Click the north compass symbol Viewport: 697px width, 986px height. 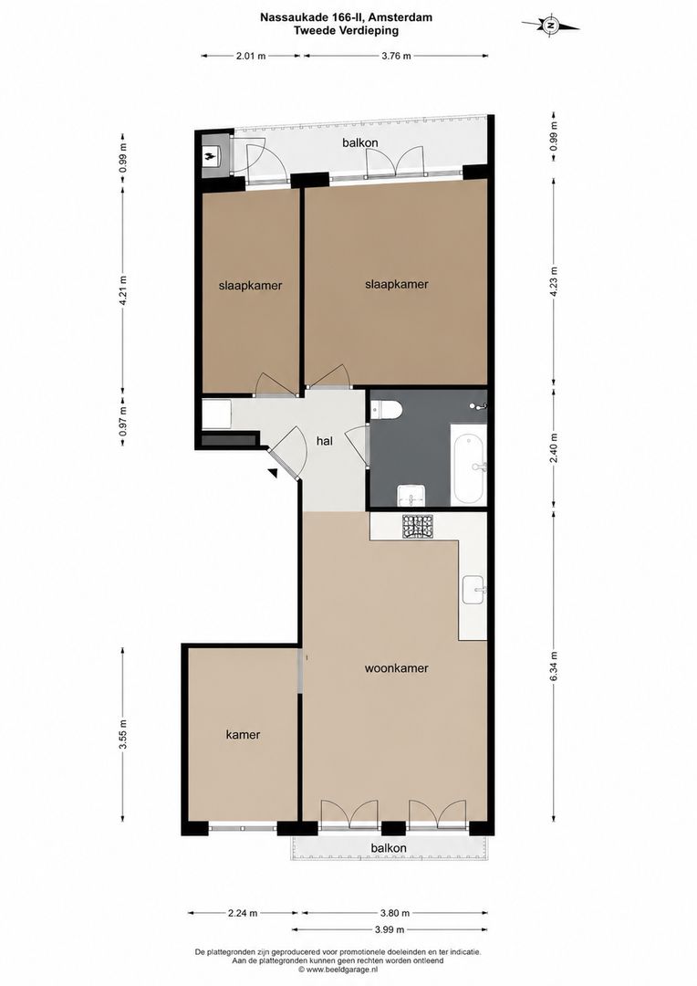[x=550, y=26]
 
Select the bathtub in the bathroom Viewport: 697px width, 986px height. [x=469, y=464]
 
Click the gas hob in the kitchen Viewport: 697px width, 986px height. [x=418, y=527]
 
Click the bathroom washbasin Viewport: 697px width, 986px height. [x=411, y=496]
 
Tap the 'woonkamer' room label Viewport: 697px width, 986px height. [x=397, y=667]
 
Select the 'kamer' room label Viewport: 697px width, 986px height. [x=243, y=734]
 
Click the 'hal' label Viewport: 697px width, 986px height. [x=324, y=442]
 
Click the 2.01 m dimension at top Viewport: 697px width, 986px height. [x=251, y=56]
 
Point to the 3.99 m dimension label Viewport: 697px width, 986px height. [x=389, y=929]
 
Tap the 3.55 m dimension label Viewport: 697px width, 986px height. [x=122, y=734]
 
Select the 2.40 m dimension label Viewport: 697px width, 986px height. [x=554, y=447]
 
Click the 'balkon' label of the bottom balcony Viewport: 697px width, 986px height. [x=389, y=848]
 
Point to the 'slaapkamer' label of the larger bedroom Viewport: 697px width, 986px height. [x=397, y=284]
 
